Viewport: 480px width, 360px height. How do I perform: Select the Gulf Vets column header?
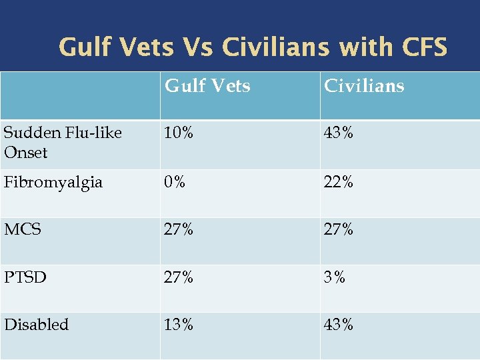point(207,86)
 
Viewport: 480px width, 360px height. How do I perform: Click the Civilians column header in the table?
point(363,86)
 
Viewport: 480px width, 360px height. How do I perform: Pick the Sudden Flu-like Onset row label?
point(63,143)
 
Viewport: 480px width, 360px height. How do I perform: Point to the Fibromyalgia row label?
point(53,182)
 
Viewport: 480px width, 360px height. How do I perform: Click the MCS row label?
point(23,229)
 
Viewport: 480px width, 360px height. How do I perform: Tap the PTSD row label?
point(25,277)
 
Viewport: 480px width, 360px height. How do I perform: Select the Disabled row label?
point(37,325)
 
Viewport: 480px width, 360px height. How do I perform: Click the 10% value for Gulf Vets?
point(179,133)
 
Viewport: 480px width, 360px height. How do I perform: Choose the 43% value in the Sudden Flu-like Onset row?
point(339,133)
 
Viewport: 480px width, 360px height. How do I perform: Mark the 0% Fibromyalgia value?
point(175,182)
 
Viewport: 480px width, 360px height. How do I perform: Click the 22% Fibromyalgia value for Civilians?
point(339,182)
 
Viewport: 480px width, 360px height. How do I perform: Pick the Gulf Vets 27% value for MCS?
point(179,229)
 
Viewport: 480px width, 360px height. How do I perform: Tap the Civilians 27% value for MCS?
point(339,229)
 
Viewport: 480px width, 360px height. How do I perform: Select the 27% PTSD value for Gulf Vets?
point(179,277)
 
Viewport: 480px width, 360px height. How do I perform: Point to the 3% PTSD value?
point(335,277)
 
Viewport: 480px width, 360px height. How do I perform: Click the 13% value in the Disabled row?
point(179,325)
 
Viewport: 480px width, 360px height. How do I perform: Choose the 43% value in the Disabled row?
point(339,325)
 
